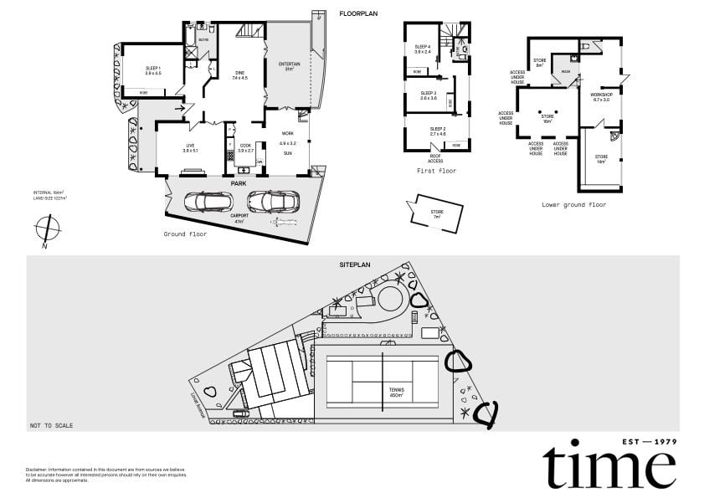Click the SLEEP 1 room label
click(153, 69)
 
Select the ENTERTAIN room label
click(290, 65)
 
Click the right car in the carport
click(269, 202)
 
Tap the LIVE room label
click(190, 147)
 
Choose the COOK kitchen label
click(245, 147)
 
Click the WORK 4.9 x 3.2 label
click(288, 137)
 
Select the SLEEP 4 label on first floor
click(423, 49)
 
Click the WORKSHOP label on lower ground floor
click(601, 97)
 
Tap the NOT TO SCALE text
click(51, 425)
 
